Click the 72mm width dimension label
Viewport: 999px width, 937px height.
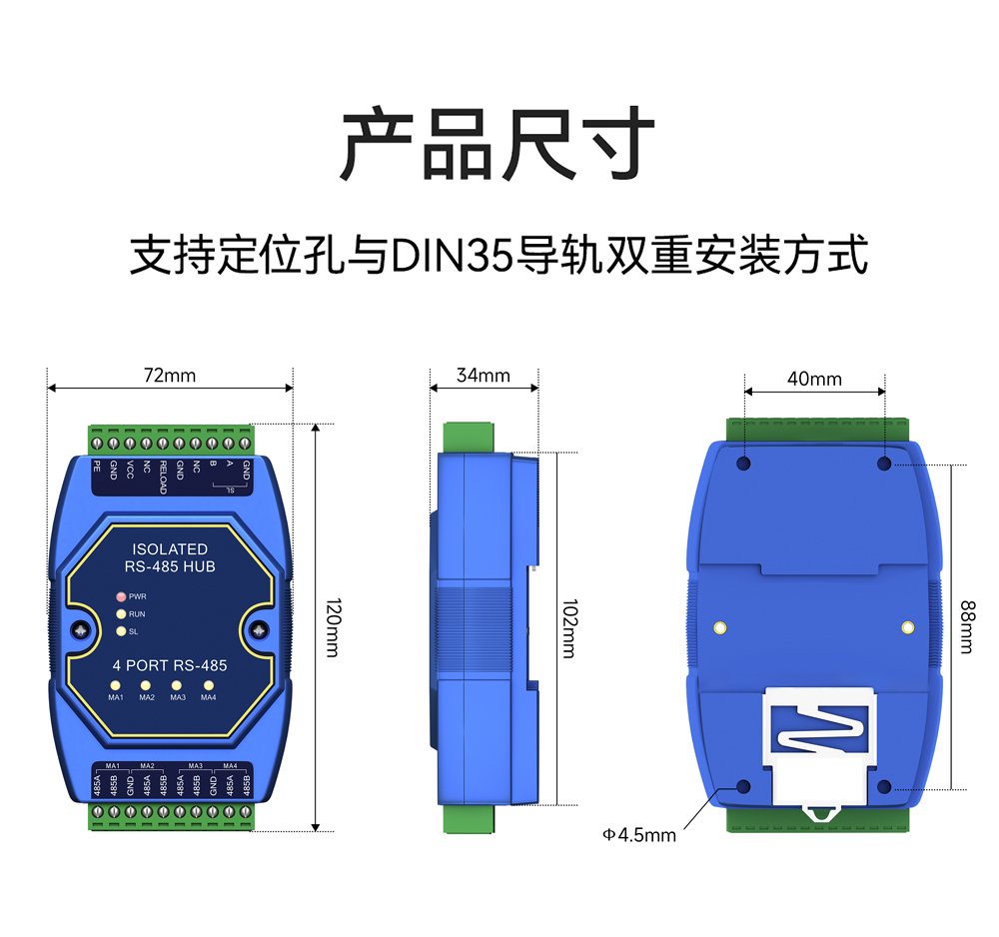tap(170, 376)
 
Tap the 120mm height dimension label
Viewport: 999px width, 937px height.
tap(333, 628)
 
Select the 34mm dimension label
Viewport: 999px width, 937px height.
tap(483, 376)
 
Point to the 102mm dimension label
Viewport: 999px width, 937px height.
tap(567, 628)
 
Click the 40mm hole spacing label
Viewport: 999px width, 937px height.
tap(814, 379)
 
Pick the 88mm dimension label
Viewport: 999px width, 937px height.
tap(966, 625)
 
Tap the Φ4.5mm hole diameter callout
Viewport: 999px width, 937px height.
tap(639, 834)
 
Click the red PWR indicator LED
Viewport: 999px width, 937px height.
tap(121, 596)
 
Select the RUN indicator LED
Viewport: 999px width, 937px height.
tap(121, 614)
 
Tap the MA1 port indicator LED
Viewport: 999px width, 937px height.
tap(115, 685)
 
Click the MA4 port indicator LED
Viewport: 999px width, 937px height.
tap(209, 685)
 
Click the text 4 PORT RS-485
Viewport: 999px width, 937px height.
tap(168, 665)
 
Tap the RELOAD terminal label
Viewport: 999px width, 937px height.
tap(163, 477)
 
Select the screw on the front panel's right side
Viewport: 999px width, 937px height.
tap(259, 629)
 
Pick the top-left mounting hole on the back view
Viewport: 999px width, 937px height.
tap(743, 464)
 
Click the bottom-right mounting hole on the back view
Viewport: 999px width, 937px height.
tap(883, 787)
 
